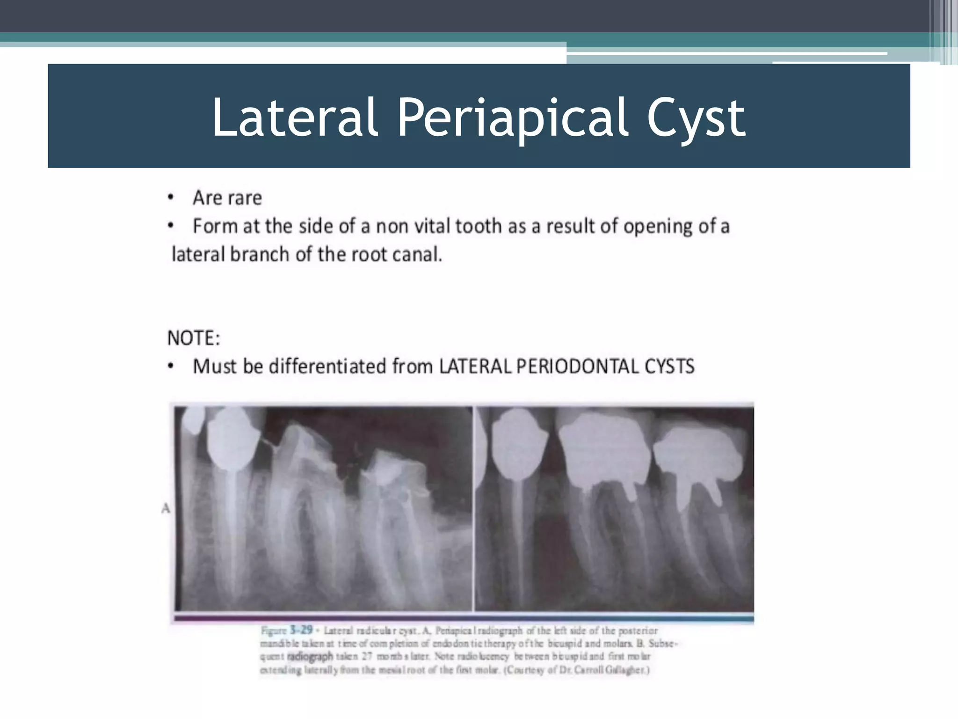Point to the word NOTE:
(x=194, y=338)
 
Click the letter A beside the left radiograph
(x=166, y=508)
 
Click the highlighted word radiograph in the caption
(x=310, y=656)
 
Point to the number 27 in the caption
(x=366, y=656)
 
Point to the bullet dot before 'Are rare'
(x=171, y=198)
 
